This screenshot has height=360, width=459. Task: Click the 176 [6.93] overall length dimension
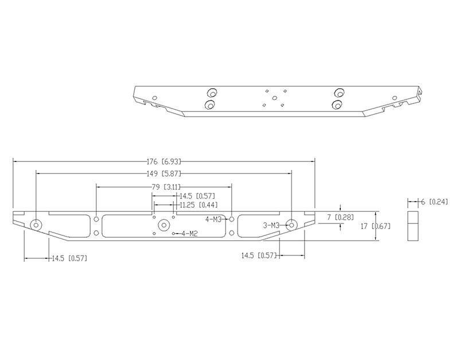pos(164,161)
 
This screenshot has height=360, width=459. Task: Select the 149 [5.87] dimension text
pos(164,174)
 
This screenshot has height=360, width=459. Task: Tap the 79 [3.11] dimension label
pos(166,187)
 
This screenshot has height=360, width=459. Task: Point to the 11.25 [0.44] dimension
pos(199,205)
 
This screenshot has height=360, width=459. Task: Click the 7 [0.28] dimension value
pos(340,217)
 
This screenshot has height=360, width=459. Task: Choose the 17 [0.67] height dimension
pos(375,226)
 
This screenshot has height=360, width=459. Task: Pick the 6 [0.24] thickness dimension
pos(434,202)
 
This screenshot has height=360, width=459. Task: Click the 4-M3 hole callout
pos(213,219)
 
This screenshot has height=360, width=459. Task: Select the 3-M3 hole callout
pos(271,225)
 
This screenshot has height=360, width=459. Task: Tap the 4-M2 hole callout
pos(190,234)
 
